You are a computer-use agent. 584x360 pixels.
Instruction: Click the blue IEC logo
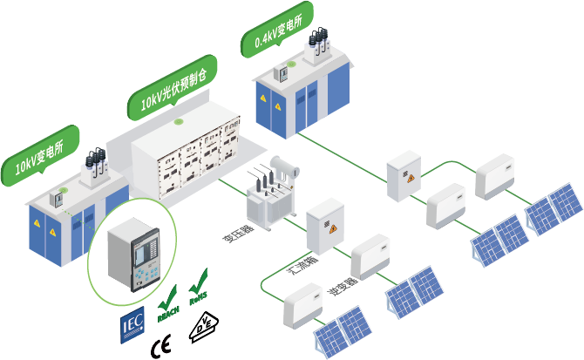click(x=132, y=324)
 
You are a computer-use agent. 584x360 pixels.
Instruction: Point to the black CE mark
click(x=161, y=341)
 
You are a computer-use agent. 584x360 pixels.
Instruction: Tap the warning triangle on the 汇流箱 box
click(x=331, y=228)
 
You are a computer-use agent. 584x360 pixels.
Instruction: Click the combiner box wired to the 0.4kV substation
click(x=404, y=174)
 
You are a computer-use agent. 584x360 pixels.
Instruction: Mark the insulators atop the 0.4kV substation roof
click(x=319, y=44)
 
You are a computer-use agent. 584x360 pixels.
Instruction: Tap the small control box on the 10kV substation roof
click(x=58, y=198)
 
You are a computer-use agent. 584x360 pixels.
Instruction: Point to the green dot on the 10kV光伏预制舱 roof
click(x=180, y=122)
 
